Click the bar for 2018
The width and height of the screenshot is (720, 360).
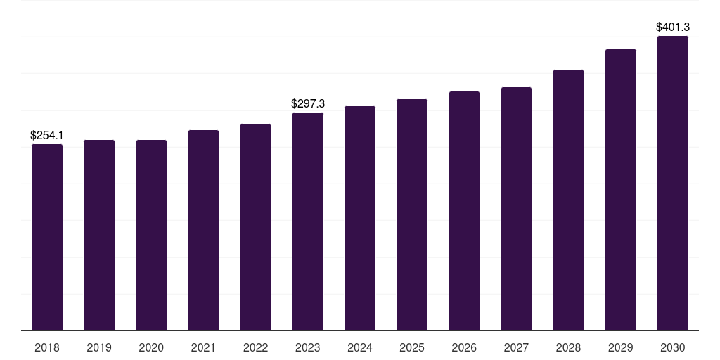pyautogui.click(x=47, y=238)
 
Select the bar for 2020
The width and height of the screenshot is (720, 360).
pyautogui.click(x=151, y=235)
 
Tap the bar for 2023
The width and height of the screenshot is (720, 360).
pyautogui.click(x=308, y=221)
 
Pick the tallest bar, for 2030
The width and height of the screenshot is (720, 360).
pyautogui.click(x=673, y=184)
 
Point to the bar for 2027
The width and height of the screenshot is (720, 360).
pyautogui.click(x=516, y=209)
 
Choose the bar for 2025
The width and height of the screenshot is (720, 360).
pyautogui.click(x=412, y=215)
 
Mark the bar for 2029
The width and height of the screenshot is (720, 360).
pyautogui.click(x=621, y=190)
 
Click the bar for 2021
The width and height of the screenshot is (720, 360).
pyautogui.click(x=203, y=231)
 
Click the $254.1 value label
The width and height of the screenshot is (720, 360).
pyautogui.click(x=47, y=136)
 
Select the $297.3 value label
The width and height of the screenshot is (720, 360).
pyautogui.click(x=308, y=104)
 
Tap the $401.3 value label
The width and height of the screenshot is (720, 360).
pyautogui.click(x=673, y=27)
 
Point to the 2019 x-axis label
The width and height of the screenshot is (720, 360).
pyautogui.click(x=99, y=348)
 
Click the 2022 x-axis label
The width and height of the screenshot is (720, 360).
pyautogui.click(x=255, y=348)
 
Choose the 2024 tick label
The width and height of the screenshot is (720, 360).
pyautogui.click(x=360, y=348)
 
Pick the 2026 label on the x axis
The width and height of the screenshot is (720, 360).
pyautogui.click(x=464, y=348)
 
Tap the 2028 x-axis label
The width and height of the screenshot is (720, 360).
pyautogui.click(x=568, y=348)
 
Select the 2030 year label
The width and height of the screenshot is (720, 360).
pyautogui.click(x=673, y=348)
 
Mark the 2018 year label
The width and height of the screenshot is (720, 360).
pyautogui.click(x=47, y=348)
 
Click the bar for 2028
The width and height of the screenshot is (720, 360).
pyautogui.click(x=568, y=200)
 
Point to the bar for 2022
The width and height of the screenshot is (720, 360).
pyautogui.click(x=255, y=227)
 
